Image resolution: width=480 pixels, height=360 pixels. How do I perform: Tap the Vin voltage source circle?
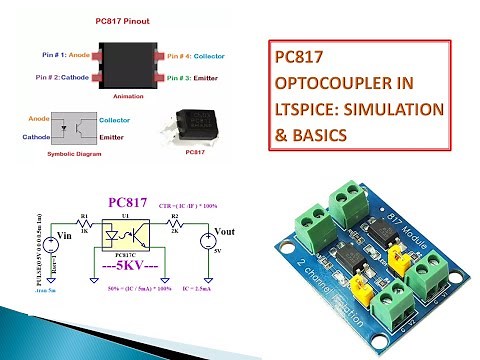[x=46, y=240]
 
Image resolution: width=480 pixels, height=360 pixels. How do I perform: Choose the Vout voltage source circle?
[x=208, y=241]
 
